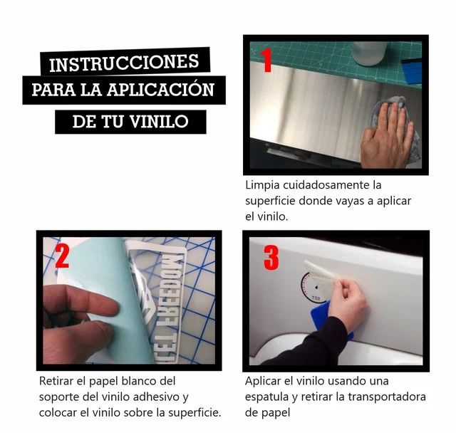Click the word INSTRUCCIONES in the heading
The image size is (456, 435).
[124, 63]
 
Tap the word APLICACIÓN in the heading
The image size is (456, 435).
[160, 90]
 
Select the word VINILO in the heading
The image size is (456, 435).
[160, 122]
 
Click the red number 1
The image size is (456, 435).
[266, 60]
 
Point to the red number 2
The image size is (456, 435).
[62, 256]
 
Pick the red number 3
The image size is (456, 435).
[271, 258]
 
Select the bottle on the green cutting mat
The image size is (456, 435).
[369, 53]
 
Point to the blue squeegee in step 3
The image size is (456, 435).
[326, 318]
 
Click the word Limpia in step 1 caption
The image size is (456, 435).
[262, 185]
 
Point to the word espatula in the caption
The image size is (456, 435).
[267, 397]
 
